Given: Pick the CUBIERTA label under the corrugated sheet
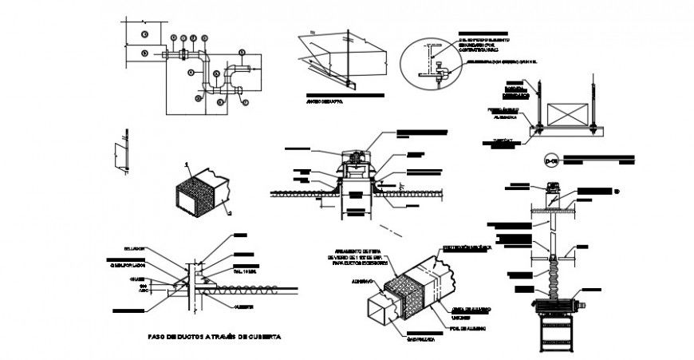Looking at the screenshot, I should (x=244, y=303).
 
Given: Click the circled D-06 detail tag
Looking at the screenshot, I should (x=550, y=158).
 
